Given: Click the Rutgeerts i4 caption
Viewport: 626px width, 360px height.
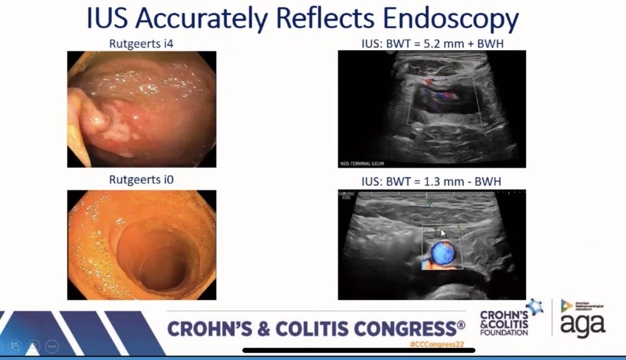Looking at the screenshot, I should (x=141, y=44).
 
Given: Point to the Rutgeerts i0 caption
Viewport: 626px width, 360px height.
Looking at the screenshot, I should (x=141, y=180).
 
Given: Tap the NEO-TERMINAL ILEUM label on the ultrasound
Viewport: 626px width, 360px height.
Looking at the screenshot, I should (x=362, y=163).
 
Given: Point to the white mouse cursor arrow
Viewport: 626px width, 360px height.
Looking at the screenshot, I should (x=443, y=233).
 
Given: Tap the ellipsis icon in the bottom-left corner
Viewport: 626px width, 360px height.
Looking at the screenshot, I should (x=52, y=346).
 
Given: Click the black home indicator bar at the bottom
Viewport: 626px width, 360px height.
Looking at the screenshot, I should (x=313, y=350).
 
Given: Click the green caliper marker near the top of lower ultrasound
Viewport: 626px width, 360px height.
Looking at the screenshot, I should (x=429, y=202).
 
